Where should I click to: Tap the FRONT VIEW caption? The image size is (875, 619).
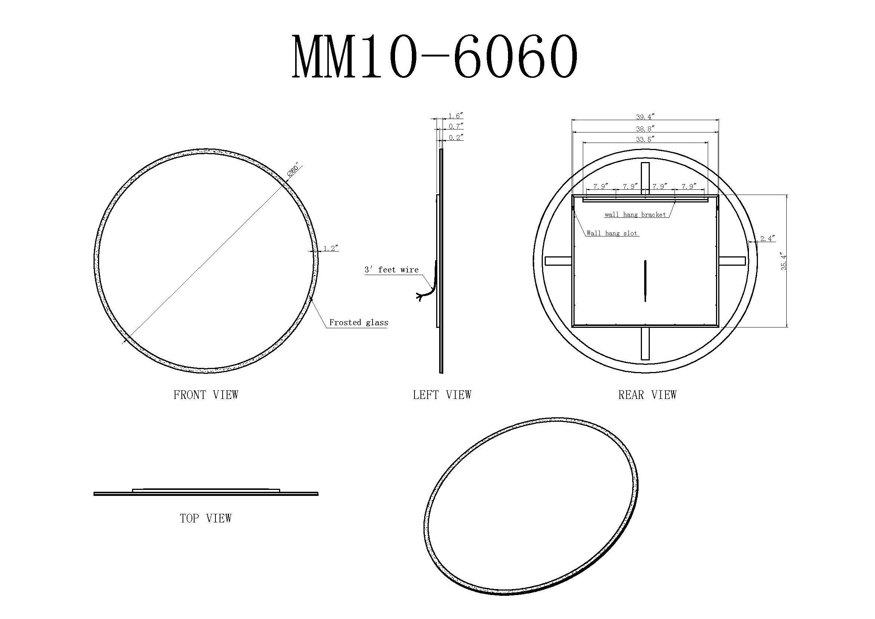point(206,395)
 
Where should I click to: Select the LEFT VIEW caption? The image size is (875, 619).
point(442,395)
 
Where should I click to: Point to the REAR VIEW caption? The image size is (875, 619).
point(647,395)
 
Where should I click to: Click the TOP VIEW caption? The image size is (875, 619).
point(206,518)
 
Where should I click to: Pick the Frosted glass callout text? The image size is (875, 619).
point(359,323)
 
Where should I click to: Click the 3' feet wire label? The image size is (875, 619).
point(391,270)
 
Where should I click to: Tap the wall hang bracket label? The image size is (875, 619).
point(635,214)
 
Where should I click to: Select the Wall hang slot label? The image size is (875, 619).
point(612,233)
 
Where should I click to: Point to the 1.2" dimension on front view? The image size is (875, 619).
point(331,248)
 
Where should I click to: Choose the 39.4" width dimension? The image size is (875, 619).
point(645,117)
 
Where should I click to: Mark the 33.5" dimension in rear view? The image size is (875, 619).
point(645,140)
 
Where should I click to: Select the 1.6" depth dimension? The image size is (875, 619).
point(455,116)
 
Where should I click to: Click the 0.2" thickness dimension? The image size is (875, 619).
point(455,138)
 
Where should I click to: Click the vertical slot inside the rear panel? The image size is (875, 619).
point(645,281)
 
